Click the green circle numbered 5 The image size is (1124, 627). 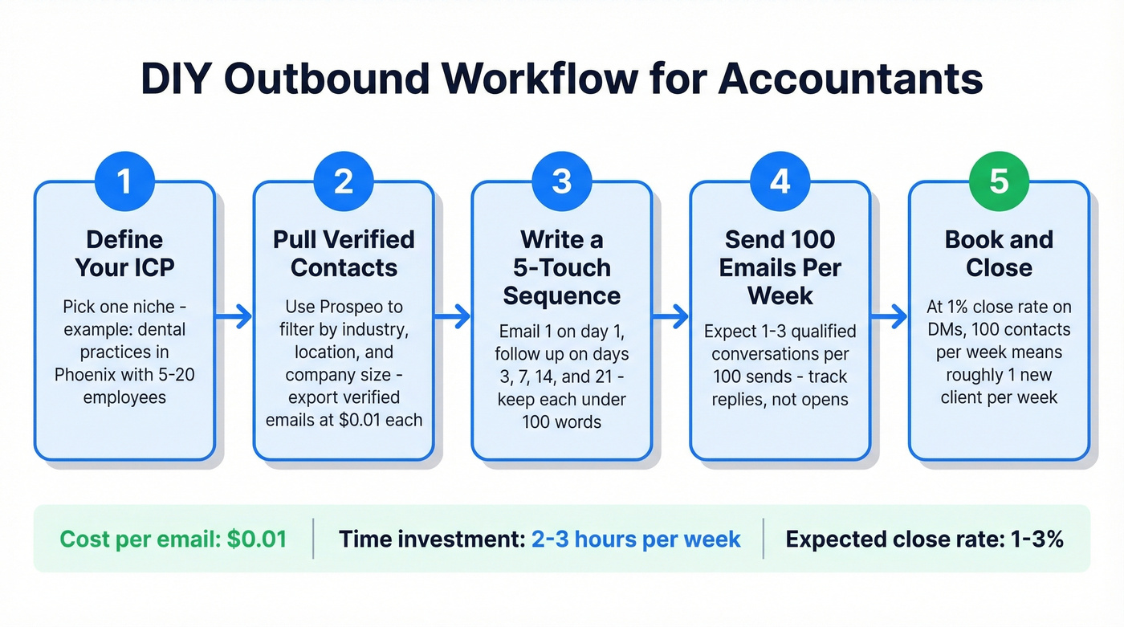pos(999,181)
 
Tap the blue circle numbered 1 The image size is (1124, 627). pos(124,181)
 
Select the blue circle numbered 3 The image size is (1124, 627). pos(562,181)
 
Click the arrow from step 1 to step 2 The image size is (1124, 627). pos(234,317)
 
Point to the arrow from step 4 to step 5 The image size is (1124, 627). pos(890,317)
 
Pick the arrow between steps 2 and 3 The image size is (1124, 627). pos(453,317)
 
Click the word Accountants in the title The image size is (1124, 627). pos(851,78)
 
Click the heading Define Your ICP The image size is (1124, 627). pos(124,253)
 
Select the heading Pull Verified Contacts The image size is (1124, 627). pos(344,253)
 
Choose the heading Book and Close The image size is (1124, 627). pos(999,253)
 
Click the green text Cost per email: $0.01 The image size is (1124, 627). pos(173,539)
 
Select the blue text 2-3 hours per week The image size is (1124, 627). pos(636,539)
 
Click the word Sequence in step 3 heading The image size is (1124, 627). pos(562,295)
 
